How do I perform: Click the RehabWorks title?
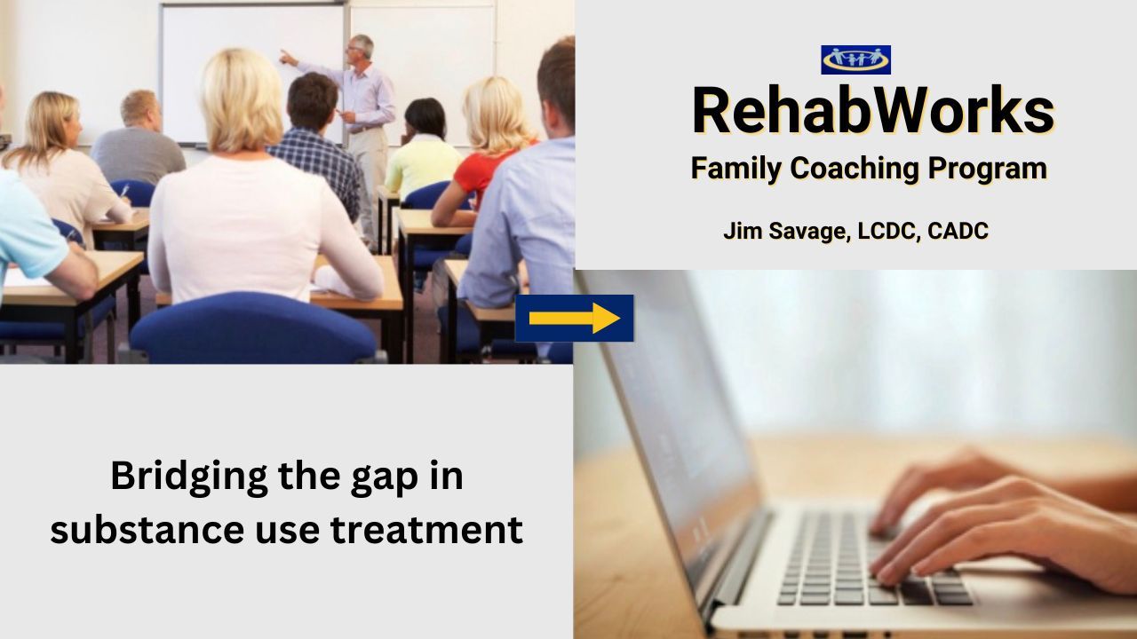click(x=873, y=110)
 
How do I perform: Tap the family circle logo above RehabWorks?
click(x=855, y=59)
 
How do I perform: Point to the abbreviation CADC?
click(x=958, y=231)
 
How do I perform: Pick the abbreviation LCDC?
click(x=888, y=231)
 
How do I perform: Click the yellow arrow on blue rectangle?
click(x=574, y=318)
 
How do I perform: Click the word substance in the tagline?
click(x=147, y=530)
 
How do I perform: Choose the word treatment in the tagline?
click(x=426, y=530)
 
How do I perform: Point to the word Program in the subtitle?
click(x=987, y=169)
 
